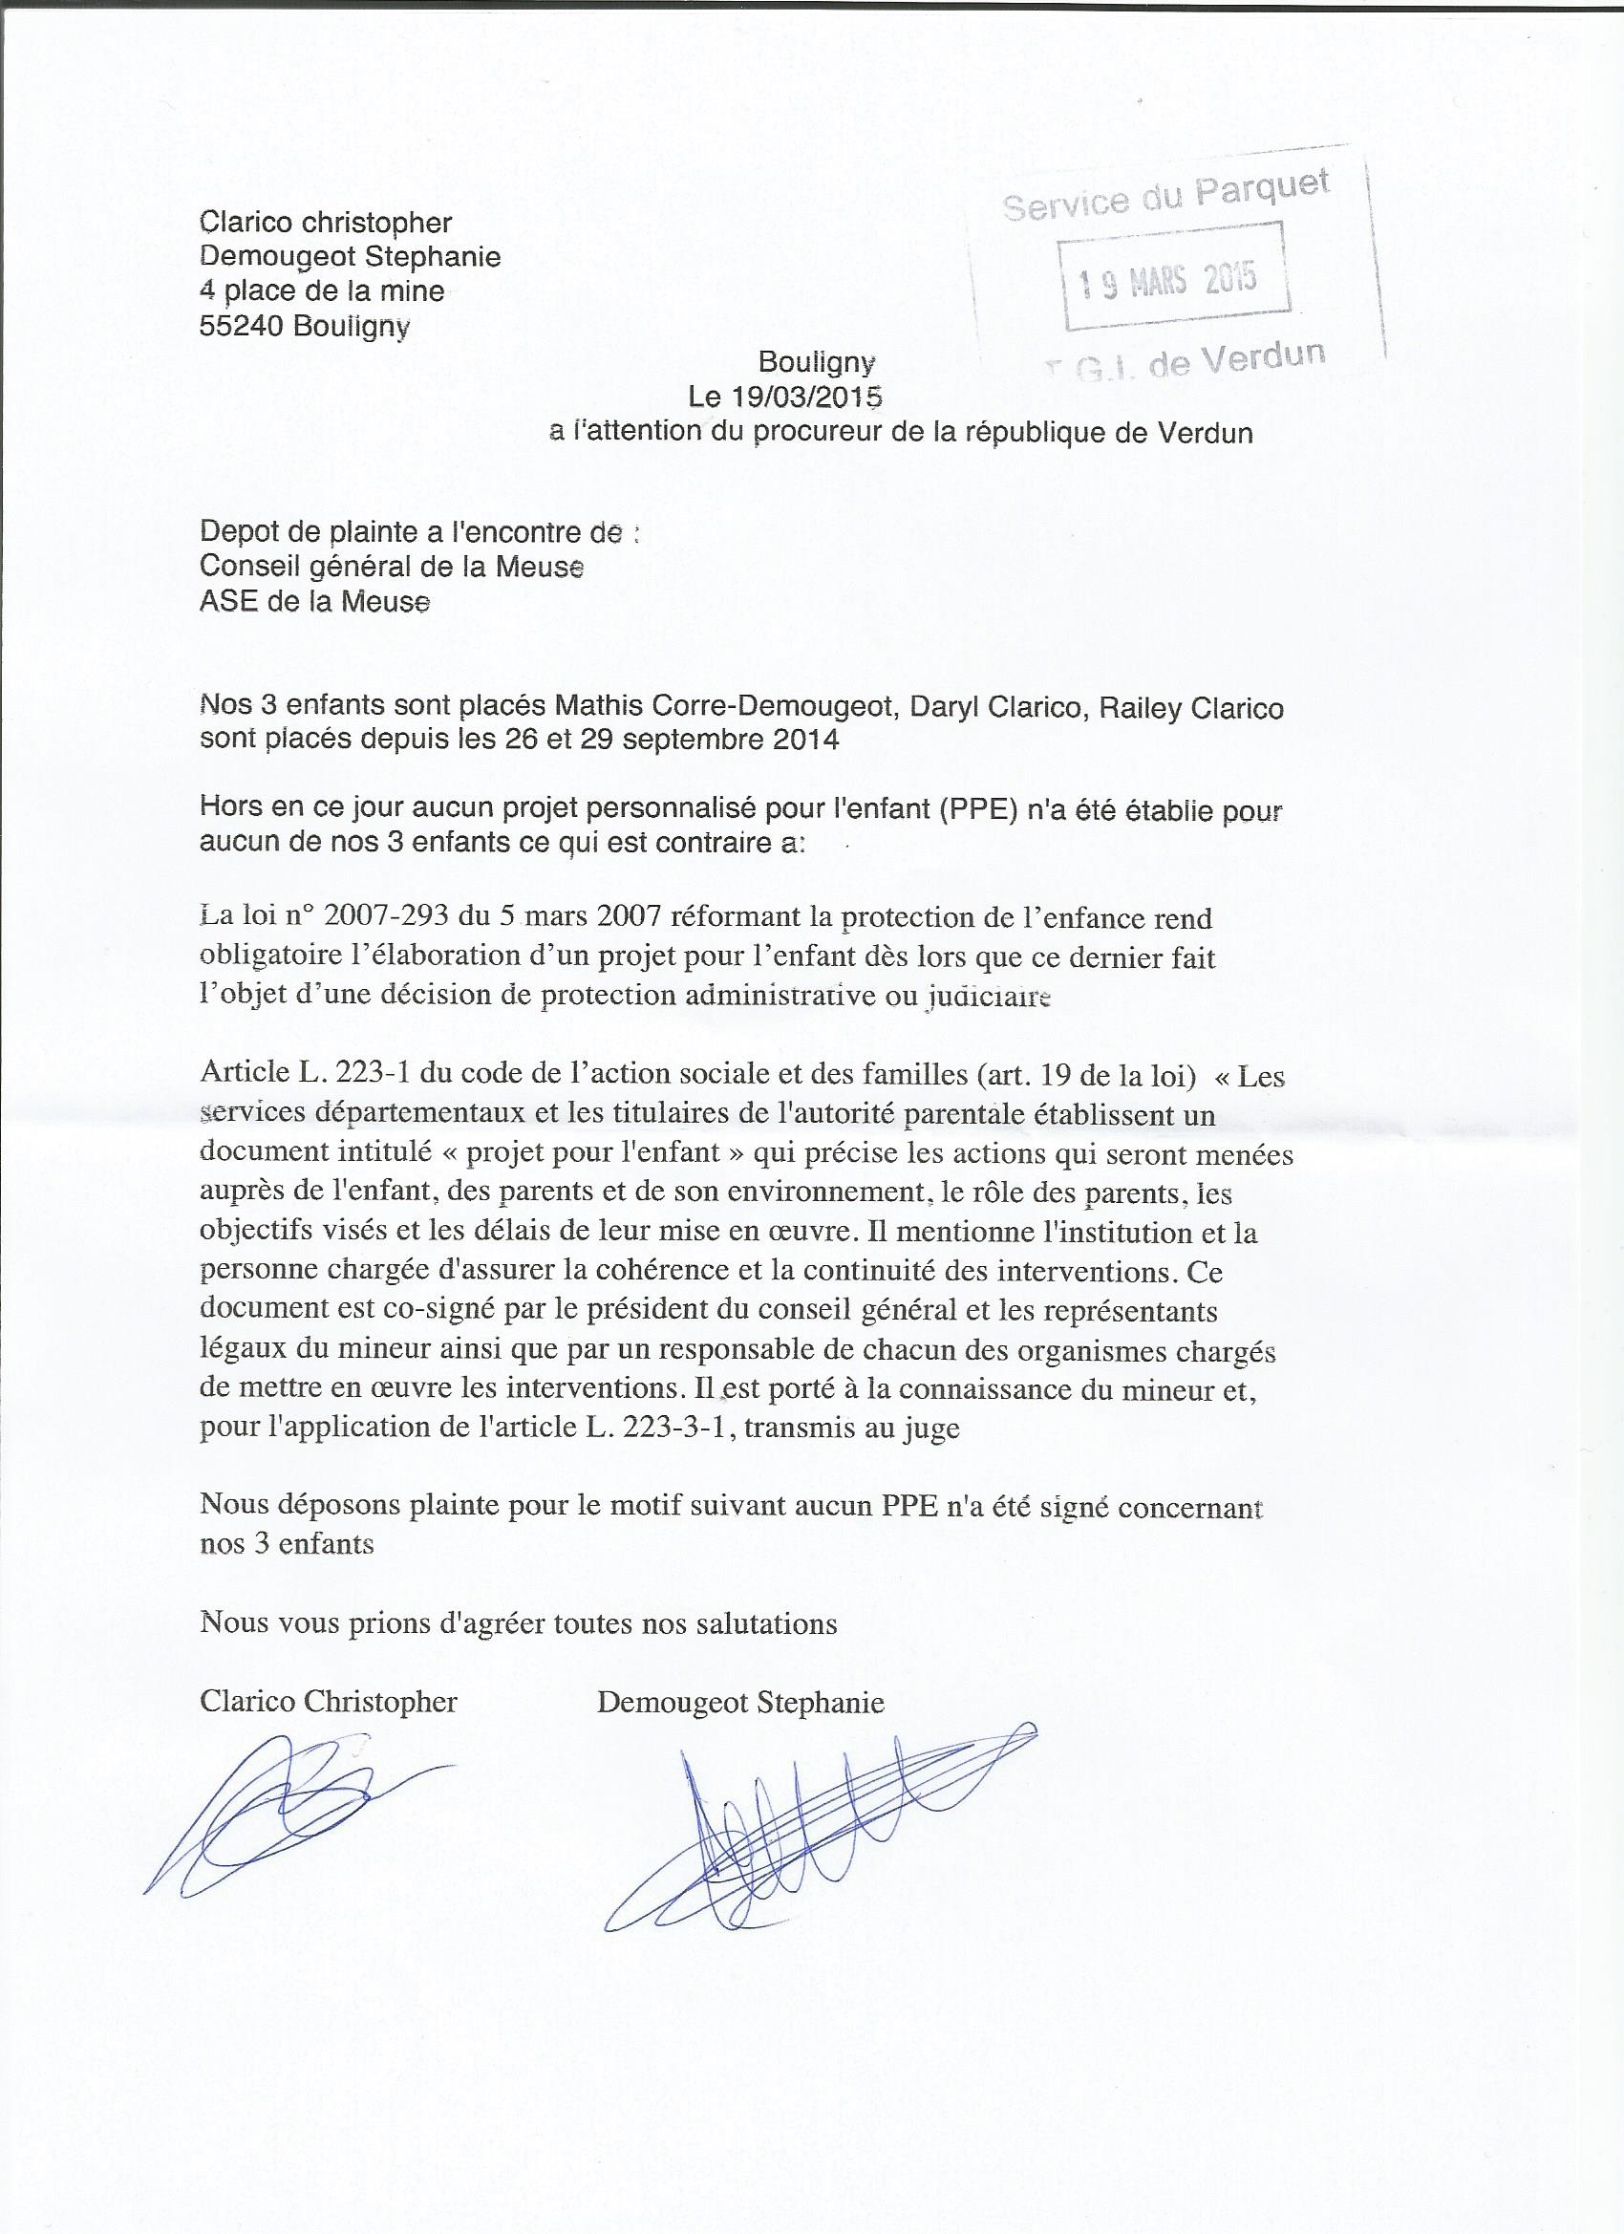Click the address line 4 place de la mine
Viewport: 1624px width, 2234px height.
pos(321,291)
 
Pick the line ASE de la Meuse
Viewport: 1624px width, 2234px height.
pos(314,601)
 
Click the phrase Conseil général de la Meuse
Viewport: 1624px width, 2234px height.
pos(391,567)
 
